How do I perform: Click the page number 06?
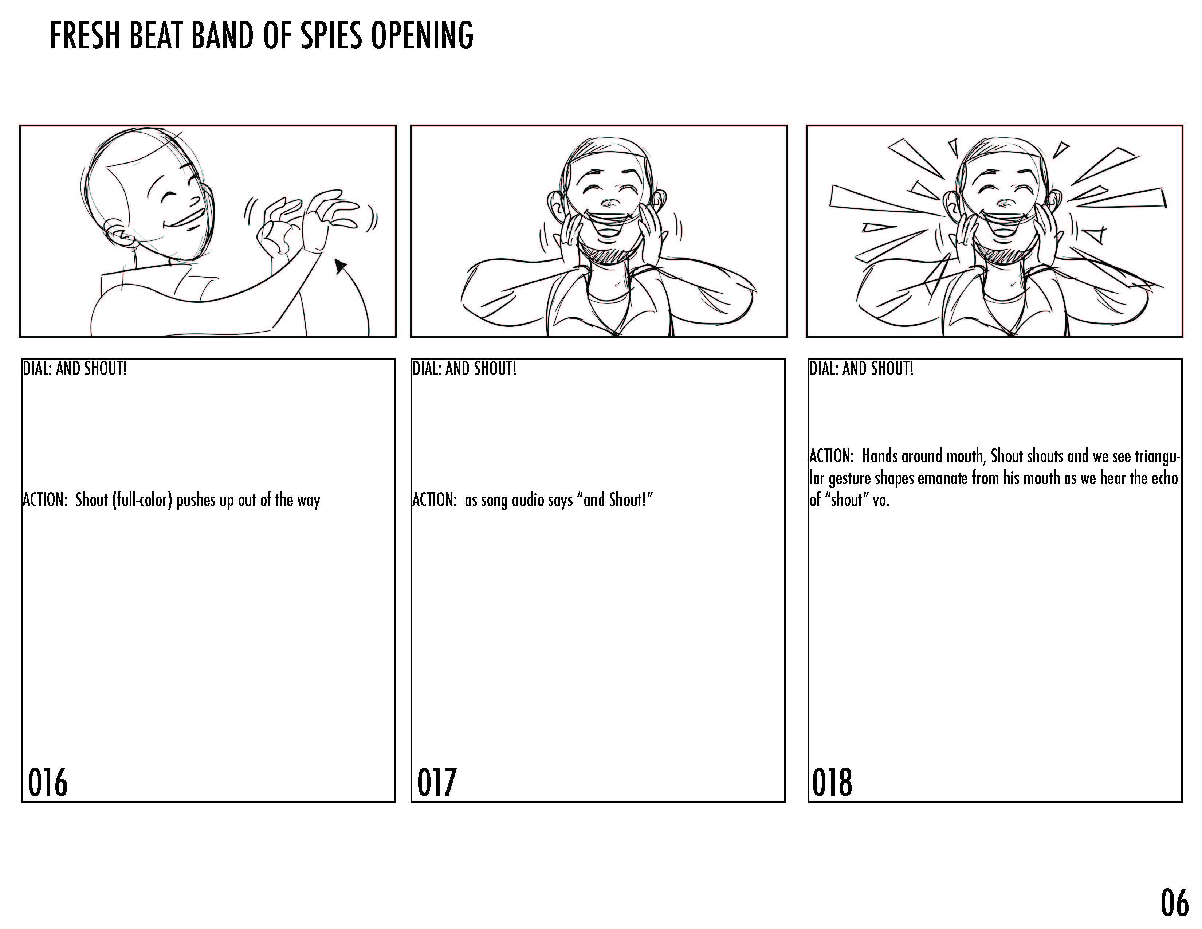[1174, 902]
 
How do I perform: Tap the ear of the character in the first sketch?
[120, 237]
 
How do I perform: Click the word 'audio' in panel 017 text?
[529, 500]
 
